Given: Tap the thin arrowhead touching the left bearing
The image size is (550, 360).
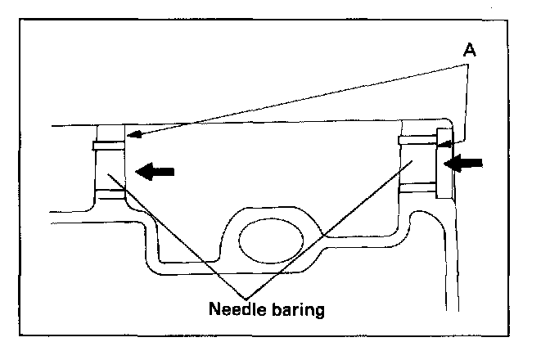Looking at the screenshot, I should tap(132, 135).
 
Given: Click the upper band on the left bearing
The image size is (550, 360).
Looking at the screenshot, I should tap(110, 146).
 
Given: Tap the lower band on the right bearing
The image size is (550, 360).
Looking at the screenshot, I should tap(418, 185).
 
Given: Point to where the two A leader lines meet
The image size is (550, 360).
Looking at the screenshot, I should tap(467, 65).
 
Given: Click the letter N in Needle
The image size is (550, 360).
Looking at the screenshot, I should tap(214, 310).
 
